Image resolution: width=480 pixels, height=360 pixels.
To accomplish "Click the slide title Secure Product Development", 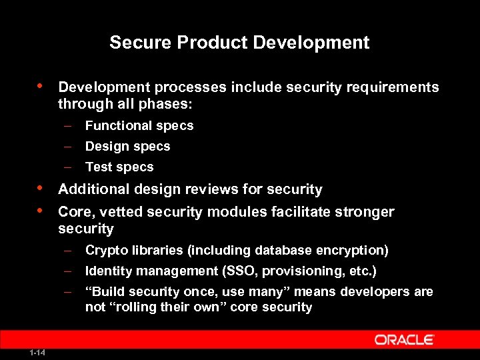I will point(239,43).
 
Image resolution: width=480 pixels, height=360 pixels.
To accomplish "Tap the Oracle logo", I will point(405,340).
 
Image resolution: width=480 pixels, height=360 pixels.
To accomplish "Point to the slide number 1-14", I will point(37,352).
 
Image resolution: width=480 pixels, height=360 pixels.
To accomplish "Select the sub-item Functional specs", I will point(139,125).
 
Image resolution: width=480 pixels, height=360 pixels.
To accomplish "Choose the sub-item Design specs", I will point(127,146).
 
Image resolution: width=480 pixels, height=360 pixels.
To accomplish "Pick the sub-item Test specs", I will point(119,167).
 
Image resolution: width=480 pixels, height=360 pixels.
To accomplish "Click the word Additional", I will point(94,189).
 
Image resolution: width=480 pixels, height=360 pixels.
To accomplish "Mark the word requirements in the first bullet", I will point(394,87).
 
